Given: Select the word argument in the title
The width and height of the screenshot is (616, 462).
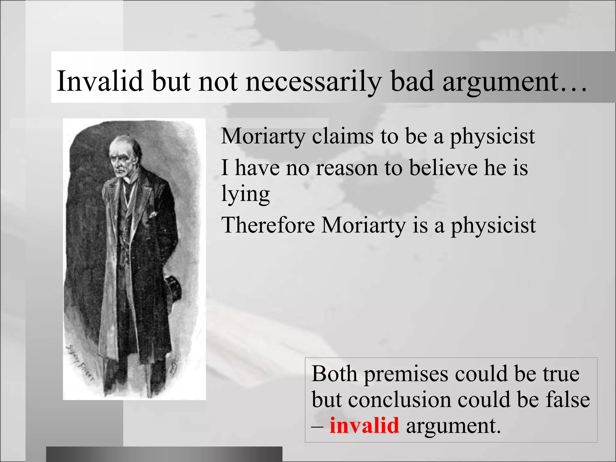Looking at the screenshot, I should [x=501, y=81].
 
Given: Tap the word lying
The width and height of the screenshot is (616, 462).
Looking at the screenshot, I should [x=245, y=194].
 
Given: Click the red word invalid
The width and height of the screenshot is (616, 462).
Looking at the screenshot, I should [x=364, y=426].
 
